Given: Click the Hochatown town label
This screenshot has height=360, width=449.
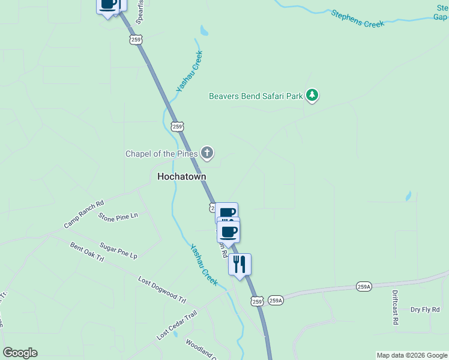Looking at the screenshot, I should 181,176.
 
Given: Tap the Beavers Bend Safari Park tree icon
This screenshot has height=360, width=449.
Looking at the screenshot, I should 312,95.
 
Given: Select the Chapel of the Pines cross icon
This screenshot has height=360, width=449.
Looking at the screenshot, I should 207,153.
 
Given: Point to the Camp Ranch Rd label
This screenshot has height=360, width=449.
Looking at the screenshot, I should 83,214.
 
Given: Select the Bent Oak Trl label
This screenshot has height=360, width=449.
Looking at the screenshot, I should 87,252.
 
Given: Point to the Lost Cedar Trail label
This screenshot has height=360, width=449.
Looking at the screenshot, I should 176,325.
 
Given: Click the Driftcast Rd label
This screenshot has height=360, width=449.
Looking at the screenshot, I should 396,308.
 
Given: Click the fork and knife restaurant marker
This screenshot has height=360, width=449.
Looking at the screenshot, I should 240,263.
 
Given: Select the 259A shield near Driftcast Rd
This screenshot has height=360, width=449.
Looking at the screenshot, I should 364,286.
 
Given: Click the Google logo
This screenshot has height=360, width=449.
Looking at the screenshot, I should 20,353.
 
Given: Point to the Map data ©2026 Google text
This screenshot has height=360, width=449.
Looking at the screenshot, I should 412,355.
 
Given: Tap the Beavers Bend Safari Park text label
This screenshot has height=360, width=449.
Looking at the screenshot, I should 256,96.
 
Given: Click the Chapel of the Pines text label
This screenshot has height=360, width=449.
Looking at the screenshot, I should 161,154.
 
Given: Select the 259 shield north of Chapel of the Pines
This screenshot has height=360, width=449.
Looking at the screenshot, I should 176,126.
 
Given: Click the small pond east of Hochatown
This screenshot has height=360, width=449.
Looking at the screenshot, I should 409,196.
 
